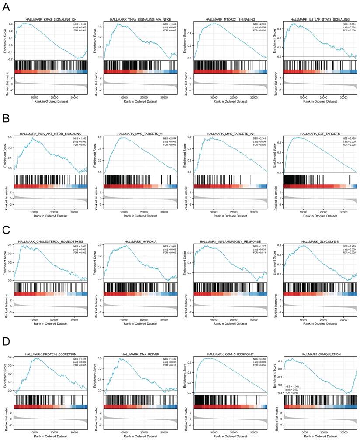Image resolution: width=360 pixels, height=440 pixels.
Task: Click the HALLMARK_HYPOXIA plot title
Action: [140, 241]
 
